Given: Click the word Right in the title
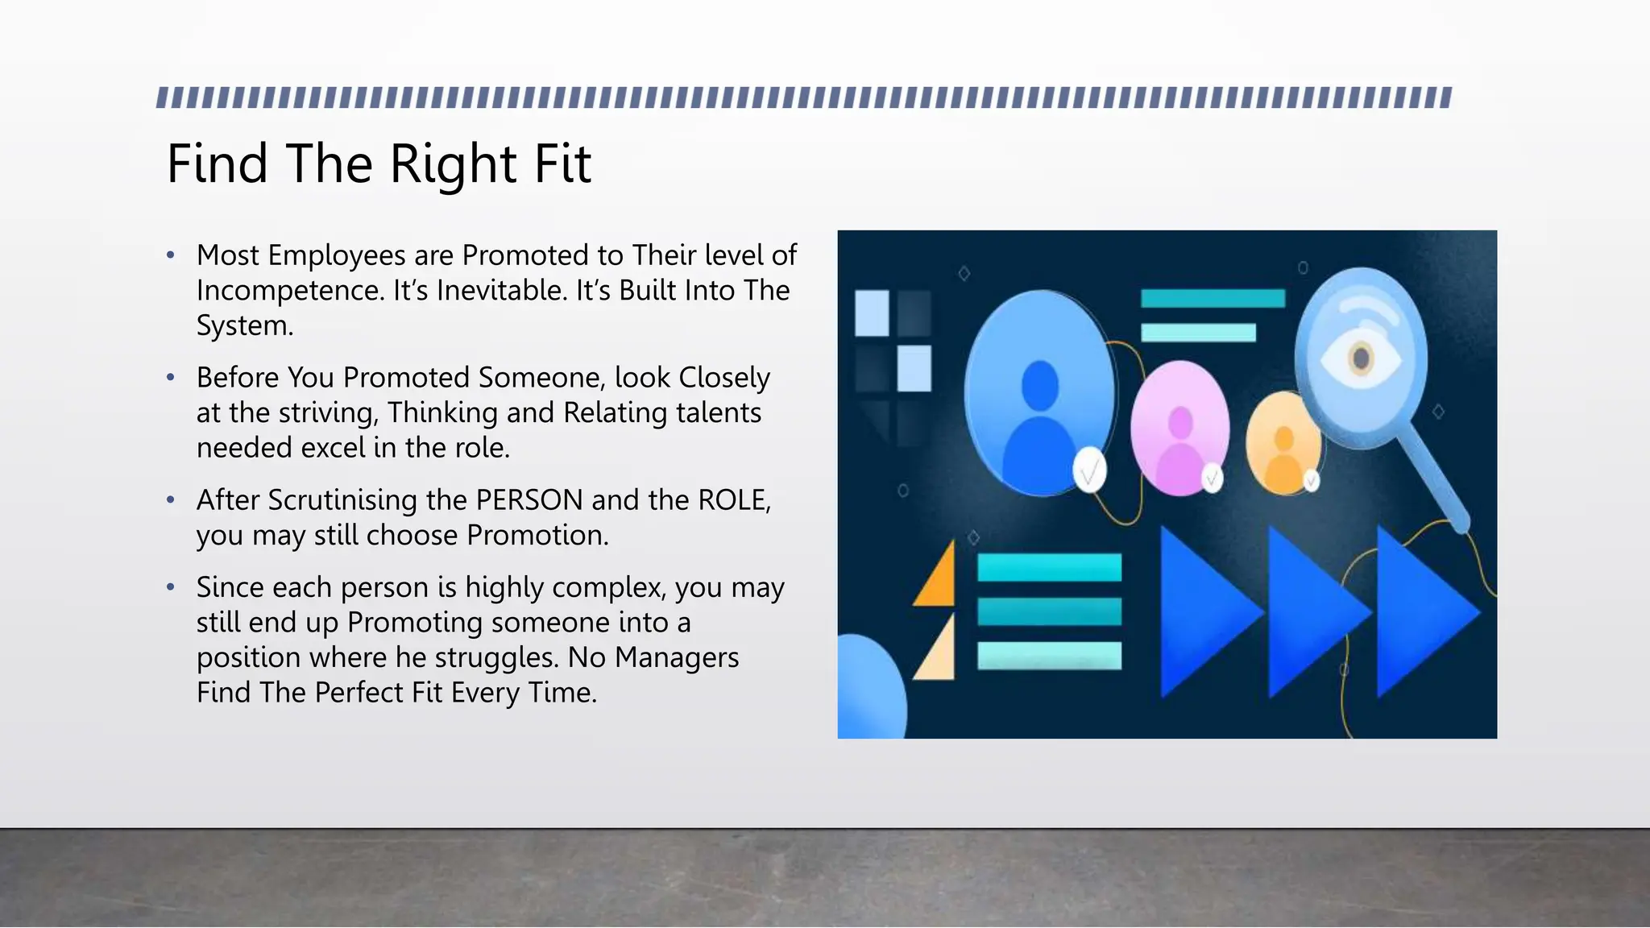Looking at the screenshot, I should (453, 164).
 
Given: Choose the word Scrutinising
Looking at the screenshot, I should (342, 500).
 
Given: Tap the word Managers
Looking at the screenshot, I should (676, 658).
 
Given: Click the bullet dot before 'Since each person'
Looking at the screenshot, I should (171, 587).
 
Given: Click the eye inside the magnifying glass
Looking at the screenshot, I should (1361, 357).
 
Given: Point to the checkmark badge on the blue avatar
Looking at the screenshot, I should (1089, 471).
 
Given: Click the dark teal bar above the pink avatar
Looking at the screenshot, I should (1213, 299).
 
